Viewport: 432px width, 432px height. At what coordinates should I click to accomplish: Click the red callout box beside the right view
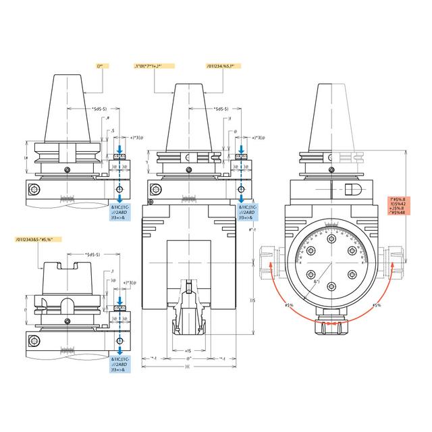(x=405, y=204)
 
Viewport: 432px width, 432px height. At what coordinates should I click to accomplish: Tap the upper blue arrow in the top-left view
(x=119, y=148)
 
